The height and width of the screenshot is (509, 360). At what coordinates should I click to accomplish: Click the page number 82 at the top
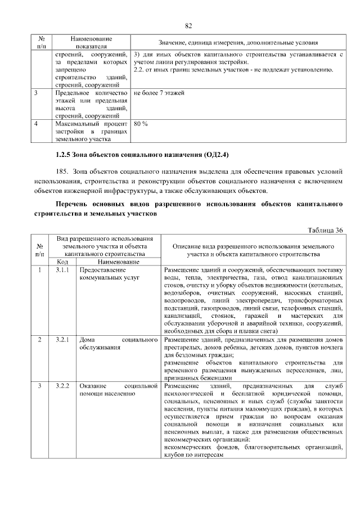tap(188, 26)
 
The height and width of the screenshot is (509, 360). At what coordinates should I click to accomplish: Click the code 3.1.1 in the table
tap(62, 270)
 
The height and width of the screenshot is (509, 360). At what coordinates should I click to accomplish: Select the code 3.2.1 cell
tap(62, 340)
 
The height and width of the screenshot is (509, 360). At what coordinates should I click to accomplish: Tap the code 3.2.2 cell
tap(62, 386)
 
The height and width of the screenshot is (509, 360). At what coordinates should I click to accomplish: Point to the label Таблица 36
tap(326, 230)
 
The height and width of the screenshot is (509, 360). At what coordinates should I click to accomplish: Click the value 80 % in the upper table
tap(141, 123)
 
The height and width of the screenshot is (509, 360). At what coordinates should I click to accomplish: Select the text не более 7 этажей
tap(159, 92)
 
